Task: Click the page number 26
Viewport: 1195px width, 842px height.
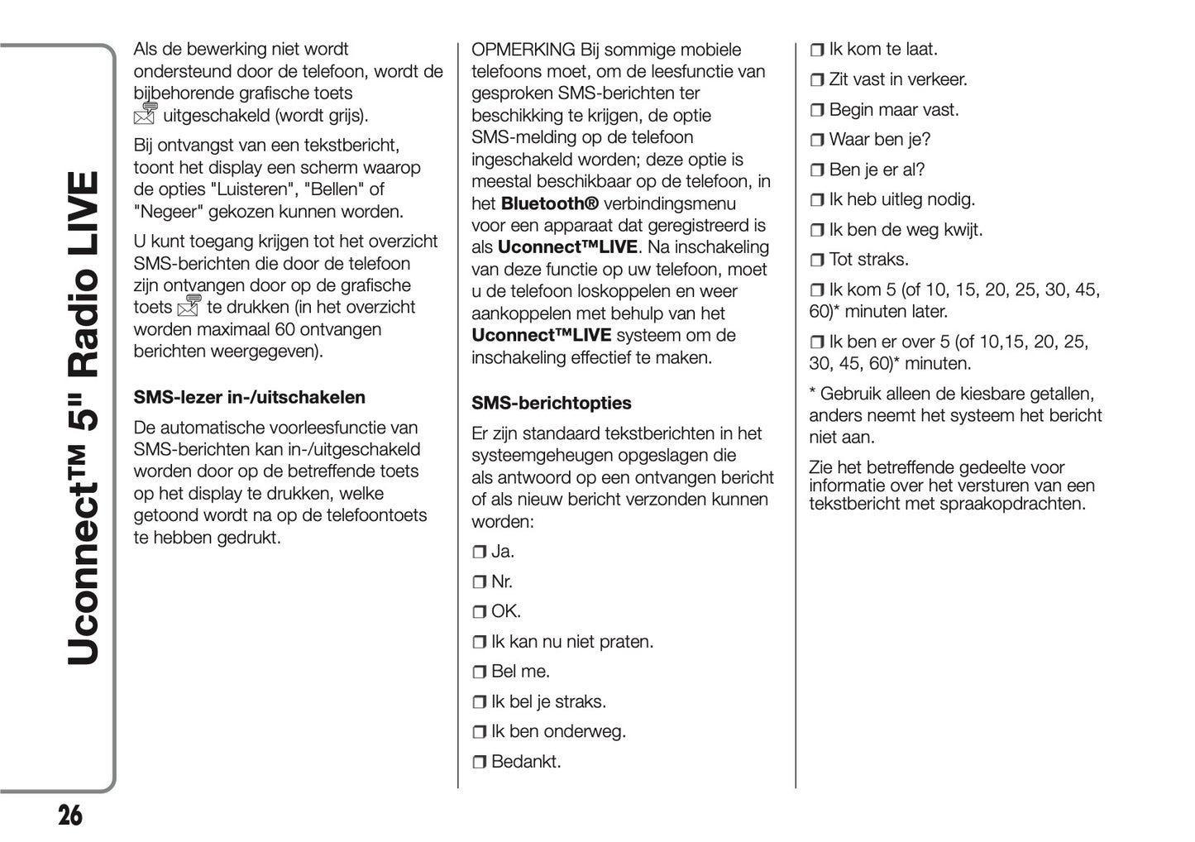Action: [70, 816]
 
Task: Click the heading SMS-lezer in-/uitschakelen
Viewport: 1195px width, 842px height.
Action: [249, 398]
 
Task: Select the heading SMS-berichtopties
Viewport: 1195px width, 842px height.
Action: [551, 404]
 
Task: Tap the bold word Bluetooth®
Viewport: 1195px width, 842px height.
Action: [549, 203]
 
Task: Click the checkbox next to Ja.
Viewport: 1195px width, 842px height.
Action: [480, 553]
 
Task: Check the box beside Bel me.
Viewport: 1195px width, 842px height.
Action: [480, 672]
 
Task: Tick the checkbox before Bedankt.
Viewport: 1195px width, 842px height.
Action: [480, 763]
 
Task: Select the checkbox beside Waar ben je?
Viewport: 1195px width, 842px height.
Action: [817, 141]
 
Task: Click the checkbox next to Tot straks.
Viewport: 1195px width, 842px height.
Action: [817, 261]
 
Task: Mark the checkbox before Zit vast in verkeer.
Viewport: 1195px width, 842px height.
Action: [817, 80]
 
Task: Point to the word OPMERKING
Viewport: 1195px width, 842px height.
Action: [523, 50]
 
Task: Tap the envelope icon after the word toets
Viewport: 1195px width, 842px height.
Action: [189, 306]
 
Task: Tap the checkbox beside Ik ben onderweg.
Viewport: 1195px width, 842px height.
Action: [480, 733]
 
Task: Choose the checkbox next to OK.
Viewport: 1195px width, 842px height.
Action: [480, 613]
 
